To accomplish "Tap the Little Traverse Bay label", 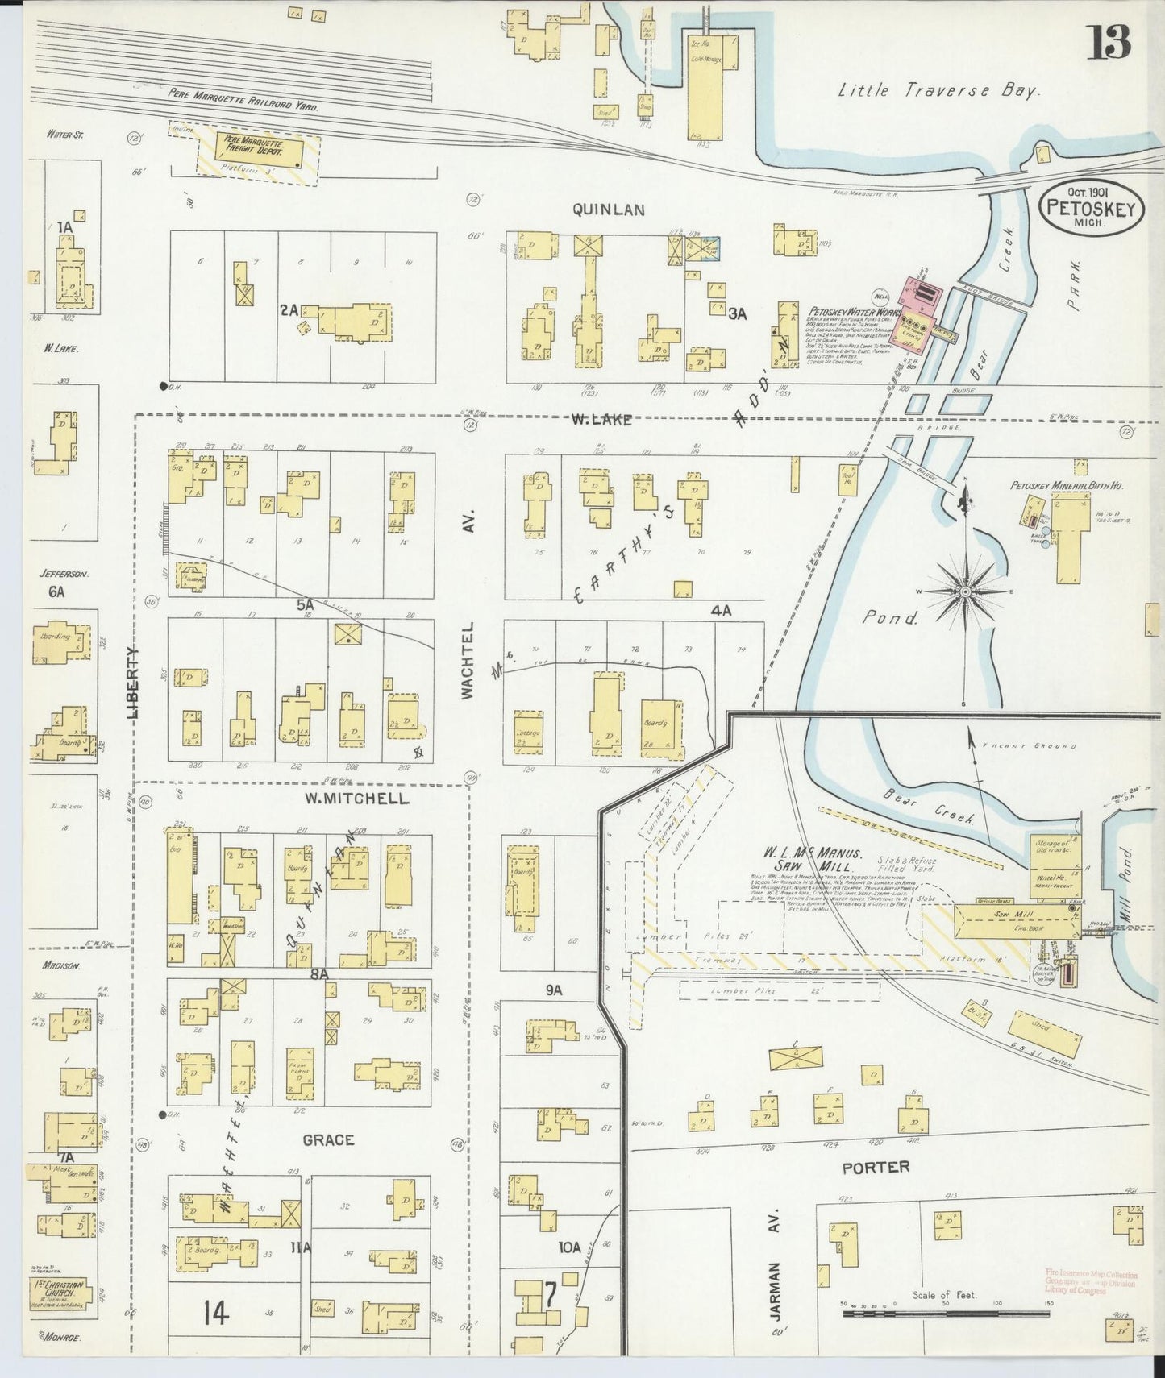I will tap(939, 91).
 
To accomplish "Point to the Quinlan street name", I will tap(609, 210).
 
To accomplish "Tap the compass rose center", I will tap(964, 591).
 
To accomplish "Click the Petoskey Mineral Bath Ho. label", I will tap(1068, 486).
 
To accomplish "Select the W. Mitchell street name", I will tap(356, 799).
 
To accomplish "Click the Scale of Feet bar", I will tap(944, 1313).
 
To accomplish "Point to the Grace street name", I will tap(328, 1139).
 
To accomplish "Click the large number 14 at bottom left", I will tap(216, 1314).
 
